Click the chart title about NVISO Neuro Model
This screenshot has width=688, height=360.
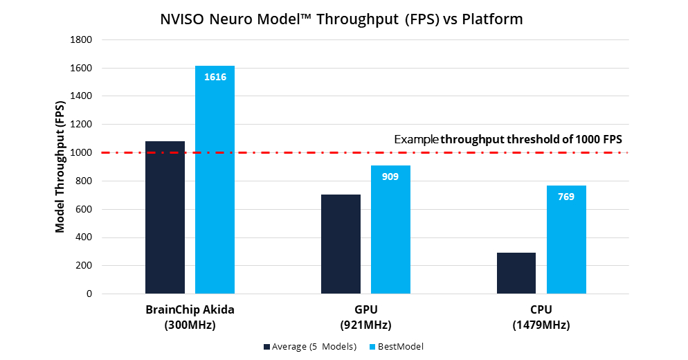341,19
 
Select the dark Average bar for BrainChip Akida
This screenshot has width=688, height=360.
165,217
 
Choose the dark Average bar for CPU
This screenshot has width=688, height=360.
516,273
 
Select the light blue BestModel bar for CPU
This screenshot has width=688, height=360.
566,242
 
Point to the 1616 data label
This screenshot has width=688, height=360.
215,77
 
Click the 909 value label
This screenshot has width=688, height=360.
390,177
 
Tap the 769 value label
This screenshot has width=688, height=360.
566,197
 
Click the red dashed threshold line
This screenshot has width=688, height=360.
291,152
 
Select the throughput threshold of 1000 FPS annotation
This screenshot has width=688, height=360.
508,139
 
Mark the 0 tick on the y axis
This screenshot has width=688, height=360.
89,294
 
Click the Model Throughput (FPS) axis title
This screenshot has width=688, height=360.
60,167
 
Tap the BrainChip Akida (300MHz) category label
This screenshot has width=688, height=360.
190,316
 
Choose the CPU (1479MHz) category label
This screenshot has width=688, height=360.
541,316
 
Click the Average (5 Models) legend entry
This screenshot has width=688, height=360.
309,347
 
